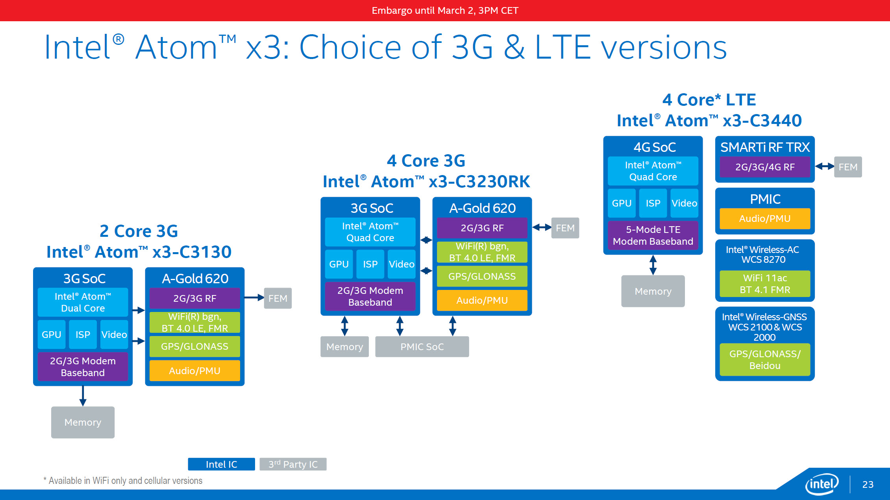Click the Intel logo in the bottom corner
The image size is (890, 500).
coord(822,483)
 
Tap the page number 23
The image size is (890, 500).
coord(868,484)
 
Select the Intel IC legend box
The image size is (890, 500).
coord(221,464)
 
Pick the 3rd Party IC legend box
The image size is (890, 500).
coord(293,464)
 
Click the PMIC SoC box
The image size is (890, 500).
coord(422,347)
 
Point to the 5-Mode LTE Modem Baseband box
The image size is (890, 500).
coord(653,235)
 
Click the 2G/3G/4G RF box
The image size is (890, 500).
coord(765,167)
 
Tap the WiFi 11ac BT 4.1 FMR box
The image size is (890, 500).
coord(765,284)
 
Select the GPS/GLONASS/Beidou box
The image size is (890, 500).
coord(765,360)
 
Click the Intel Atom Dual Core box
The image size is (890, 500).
coord(83,302)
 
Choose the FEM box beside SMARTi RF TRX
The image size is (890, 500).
coord(848,167)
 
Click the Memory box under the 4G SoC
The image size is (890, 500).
coord(653,291)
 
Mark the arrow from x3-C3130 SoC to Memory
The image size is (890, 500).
coord(83,396)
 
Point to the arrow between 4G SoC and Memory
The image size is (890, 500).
coord(653,265)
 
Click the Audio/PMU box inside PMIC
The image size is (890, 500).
coord(765,218)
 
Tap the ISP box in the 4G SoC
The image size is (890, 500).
coord(653,203)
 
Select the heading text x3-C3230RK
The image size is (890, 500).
coord(479,181)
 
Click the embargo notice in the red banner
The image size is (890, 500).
coord(445,11)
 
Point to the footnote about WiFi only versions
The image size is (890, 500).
coord(123,481)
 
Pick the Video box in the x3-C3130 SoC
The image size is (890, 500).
coord(114,334)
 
